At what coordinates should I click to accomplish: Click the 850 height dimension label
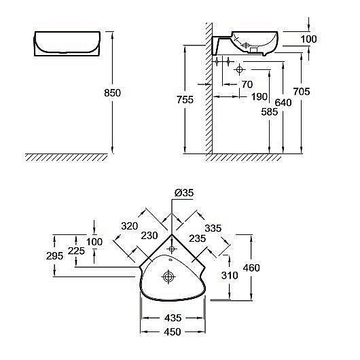[112, 93]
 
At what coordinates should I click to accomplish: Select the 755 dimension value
[185, 100]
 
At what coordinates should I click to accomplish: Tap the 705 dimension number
[302, 92]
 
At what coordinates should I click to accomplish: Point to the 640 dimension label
[283, 103]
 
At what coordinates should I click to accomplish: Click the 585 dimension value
[270, 112]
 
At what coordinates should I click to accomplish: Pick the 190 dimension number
[259, 96]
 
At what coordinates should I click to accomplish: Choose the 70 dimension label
[247, 84]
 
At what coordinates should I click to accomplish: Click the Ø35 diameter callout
[184, 193]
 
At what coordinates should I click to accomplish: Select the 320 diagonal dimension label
[130, 226]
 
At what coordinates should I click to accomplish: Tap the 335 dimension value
[213, 228]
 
